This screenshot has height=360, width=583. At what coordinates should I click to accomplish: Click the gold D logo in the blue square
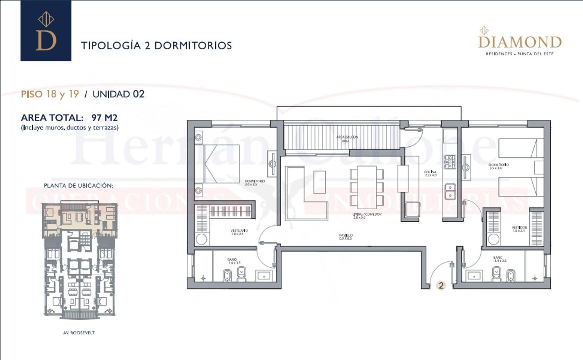tap(46, 40)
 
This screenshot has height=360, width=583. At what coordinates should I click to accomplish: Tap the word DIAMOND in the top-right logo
tap(520, 42)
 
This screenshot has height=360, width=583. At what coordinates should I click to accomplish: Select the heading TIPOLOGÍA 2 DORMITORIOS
tap(156, 45)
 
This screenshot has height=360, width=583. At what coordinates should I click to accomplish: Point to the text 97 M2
tap(104, 118)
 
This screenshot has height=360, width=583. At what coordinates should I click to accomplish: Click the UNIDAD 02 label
tap(118, 94)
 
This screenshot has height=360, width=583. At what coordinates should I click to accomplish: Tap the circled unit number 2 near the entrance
tap(441, 285)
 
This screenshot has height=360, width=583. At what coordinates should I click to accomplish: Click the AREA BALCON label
tap(347, 137)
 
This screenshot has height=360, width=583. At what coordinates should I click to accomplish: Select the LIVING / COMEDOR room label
tap(367, 214)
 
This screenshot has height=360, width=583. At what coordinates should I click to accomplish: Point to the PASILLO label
tap(346, 235)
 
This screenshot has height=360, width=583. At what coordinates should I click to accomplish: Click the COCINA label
tap(430, 172)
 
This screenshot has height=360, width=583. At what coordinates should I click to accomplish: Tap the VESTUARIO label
tap(239, 231)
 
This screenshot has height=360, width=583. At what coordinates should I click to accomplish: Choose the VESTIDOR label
tap(519, 228)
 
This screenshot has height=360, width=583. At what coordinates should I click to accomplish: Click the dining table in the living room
tap(367, 186)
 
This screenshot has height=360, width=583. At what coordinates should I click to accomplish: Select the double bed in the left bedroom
tap(221, 164)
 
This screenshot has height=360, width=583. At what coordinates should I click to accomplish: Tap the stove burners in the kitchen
tap(449, 162)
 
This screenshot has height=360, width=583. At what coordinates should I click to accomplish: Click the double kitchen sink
tap(450, 191)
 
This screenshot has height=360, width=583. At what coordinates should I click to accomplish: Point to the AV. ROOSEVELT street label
tap(79, 333)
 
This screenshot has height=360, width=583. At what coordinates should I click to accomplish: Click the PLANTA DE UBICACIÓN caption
tap(78, 186)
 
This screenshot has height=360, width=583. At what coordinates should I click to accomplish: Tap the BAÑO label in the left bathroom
tap(232, 259)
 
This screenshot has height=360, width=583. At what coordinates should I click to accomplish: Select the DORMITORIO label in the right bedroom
tap(498, 165)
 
